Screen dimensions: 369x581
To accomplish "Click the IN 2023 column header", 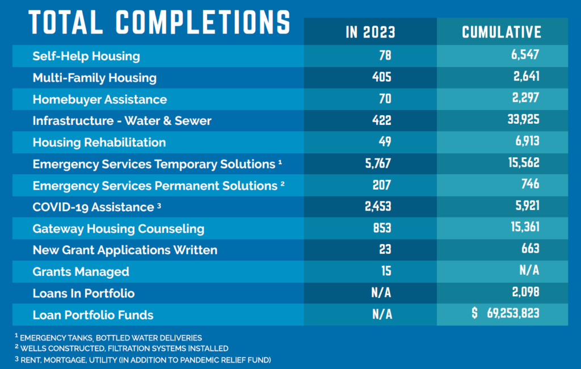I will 370,32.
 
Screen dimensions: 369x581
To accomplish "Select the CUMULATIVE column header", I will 502,32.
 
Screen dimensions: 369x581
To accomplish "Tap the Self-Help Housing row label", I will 86,56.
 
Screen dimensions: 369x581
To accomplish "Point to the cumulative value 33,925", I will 521,120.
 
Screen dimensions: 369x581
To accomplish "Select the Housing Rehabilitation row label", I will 99,142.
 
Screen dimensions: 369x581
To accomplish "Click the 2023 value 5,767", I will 378,164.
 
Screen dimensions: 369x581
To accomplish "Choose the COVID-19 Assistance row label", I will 93,207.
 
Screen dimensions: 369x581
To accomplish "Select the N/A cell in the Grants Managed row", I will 529,271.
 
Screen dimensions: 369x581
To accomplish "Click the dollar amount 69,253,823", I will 512,315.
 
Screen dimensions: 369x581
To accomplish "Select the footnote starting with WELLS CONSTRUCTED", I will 123,348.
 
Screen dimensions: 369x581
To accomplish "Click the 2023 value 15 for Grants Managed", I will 386,271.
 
